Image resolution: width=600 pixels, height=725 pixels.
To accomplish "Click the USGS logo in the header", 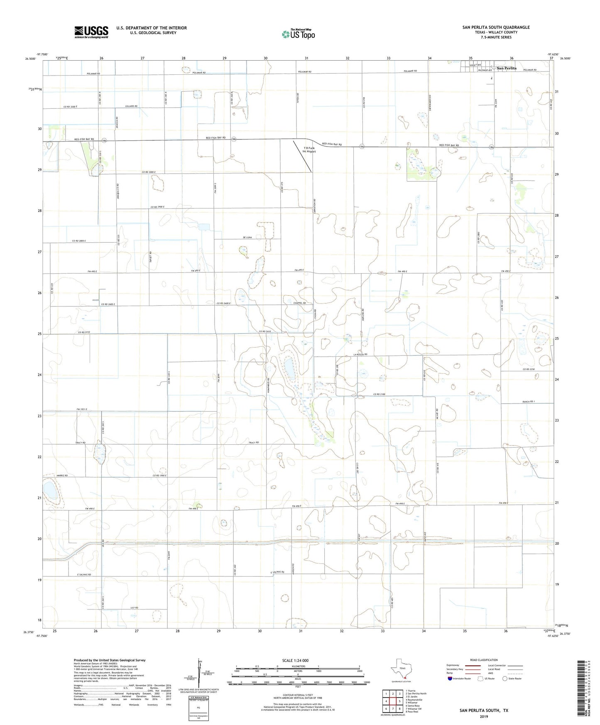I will point(91,32).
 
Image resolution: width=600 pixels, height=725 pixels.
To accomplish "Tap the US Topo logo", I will point(298,34).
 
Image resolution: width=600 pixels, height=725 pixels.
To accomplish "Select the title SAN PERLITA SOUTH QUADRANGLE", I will point(496,27).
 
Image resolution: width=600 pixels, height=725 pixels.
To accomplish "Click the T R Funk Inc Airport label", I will point(309,150).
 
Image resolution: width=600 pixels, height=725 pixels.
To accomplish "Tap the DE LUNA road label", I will point(247,238).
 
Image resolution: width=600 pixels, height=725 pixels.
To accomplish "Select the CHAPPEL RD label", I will point(299,303).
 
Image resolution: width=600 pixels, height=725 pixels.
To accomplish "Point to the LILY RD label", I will point(134,607).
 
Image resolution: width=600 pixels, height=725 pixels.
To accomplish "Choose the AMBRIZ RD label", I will point(61,475).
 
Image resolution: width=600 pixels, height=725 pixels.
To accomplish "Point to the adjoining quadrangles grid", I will point(392,701).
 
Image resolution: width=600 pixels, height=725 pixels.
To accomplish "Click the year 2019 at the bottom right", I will point(483,716).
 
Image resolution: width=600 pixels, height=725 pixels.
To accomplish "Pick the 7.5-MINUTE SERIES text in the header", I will point(496,37).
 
